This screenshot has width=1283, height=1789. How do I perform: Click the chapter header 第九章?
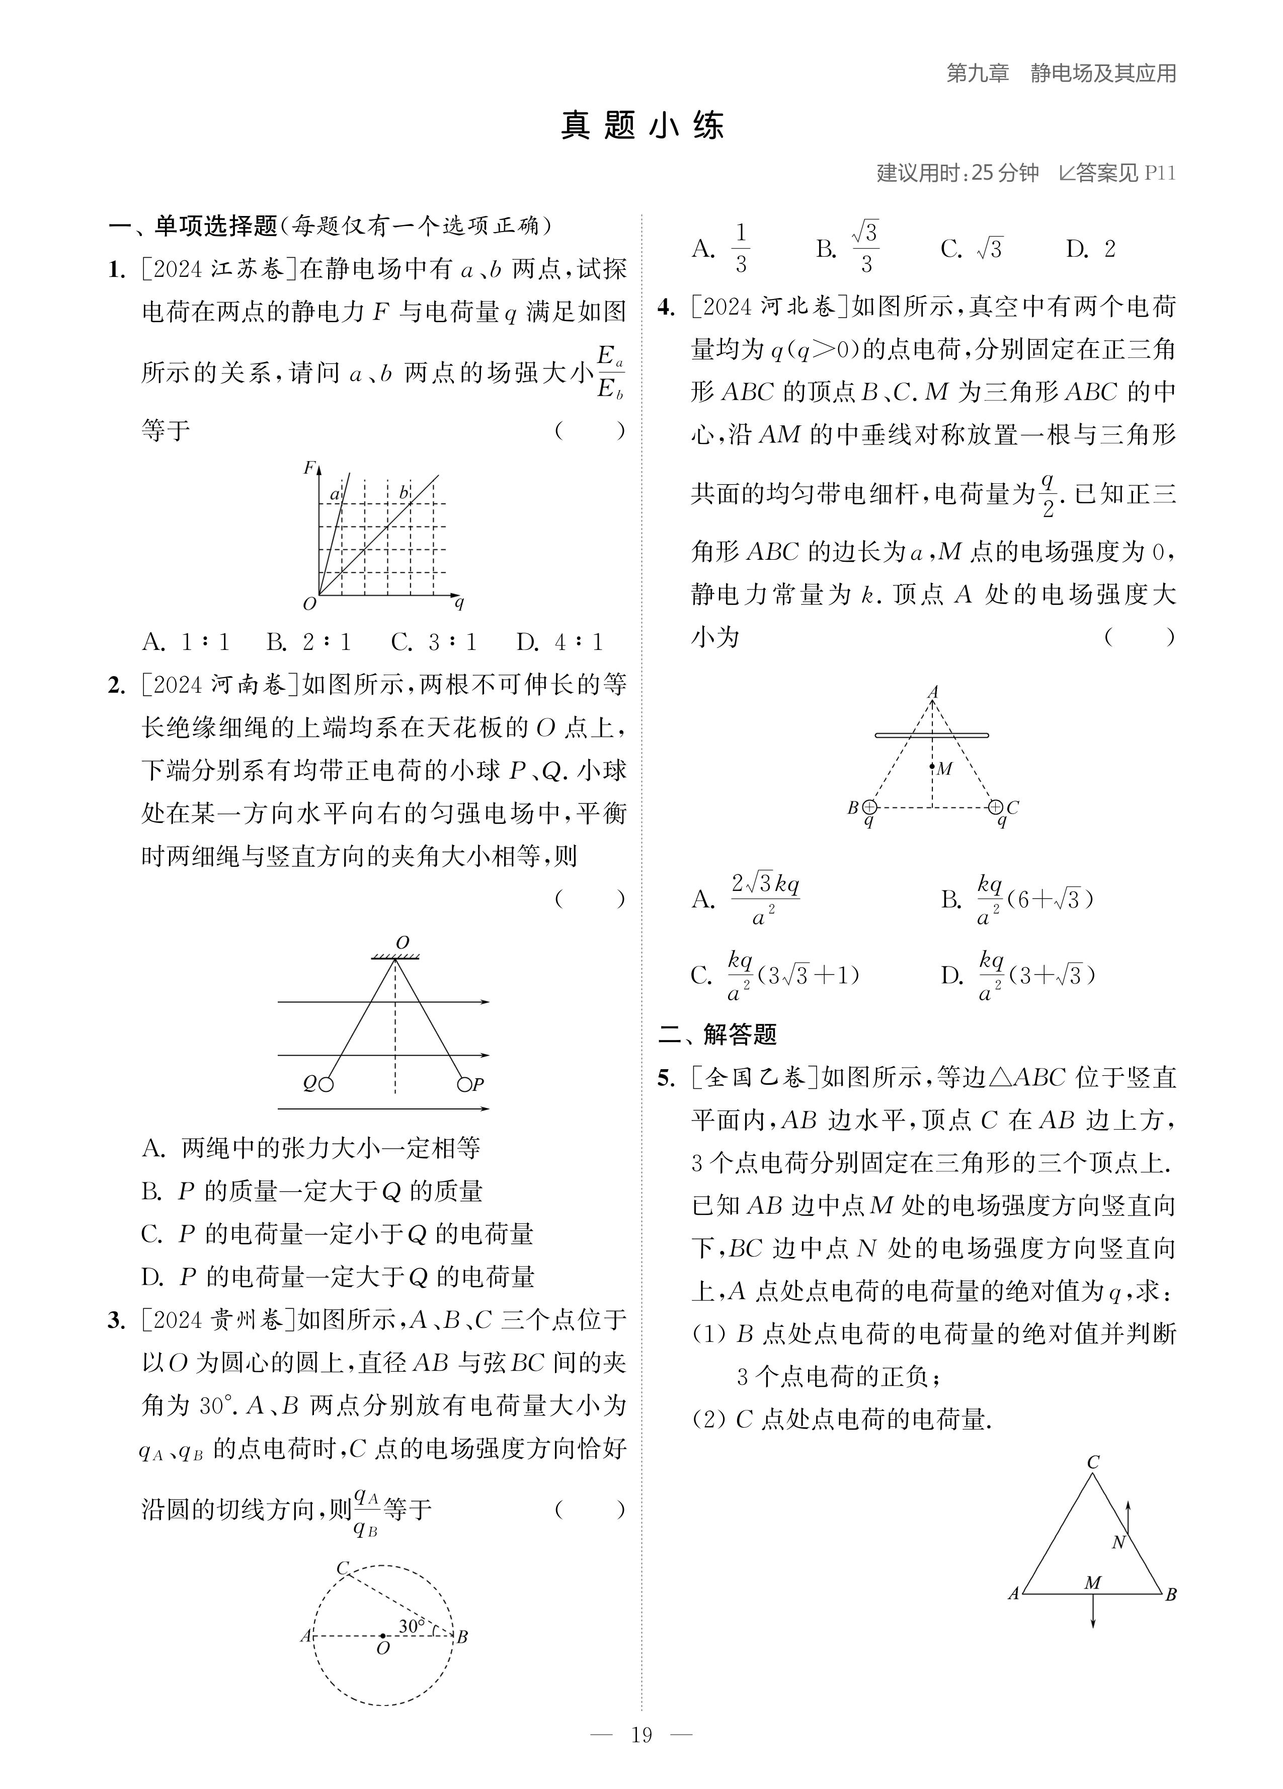coord(977,73)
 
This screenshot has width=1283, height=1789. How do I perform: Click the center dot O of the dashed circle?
coord(383,1636)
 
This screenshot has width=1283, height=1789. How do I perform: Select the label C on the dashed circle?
coord(342,1568)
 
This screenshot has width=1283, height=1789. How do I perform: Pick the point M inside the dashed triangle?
coord(932,766)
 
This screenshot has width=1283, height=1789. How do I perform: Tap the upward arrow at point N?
coord(1129,1515)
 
